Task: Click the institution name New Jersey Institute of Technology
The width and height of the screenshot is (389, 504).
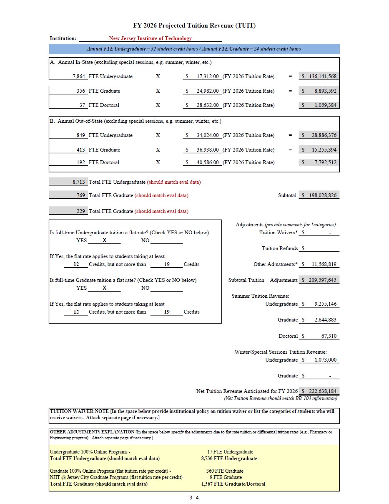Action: tap(150, 38)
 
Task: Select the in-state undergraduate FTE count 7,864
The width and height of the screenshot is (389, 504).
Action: tap(79, 76)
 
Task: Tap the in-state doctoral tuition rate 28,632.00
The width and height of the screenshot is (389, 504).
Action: tap(208, 105)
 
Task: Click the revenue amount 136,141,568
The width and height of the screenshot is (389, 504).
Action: tap(322, 76)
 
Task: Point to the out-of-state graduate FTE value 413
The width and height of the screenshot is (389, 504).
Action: tap(80, 150)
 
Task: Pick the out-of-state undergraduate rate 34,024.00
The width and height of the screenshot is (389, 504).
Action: tap(208, 135)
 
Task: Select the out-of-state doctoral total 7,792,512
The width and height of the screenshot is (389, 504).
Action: tap(325, 162)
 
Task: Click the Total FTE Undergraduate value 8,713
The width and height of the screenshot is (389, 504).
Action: tap(79, 182)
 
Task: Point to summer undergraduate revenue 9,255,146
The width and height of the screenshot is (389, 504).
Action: tap(325, 304)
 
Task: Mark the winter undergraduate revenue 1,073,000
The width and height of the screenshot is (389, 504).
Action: tap(325, 360)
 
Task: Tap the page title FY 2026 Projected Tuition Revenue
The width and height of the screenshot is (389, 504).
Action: tap(194, 25)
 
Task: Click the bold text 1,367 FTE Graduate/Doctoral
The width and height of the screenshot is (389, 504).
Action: tap(233, 484)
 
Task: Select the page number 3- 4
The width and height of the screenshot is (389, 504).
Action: tap(194, 497)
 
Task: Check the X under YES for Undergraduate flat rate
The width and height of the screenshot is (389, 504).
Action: tap(104, 241)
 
